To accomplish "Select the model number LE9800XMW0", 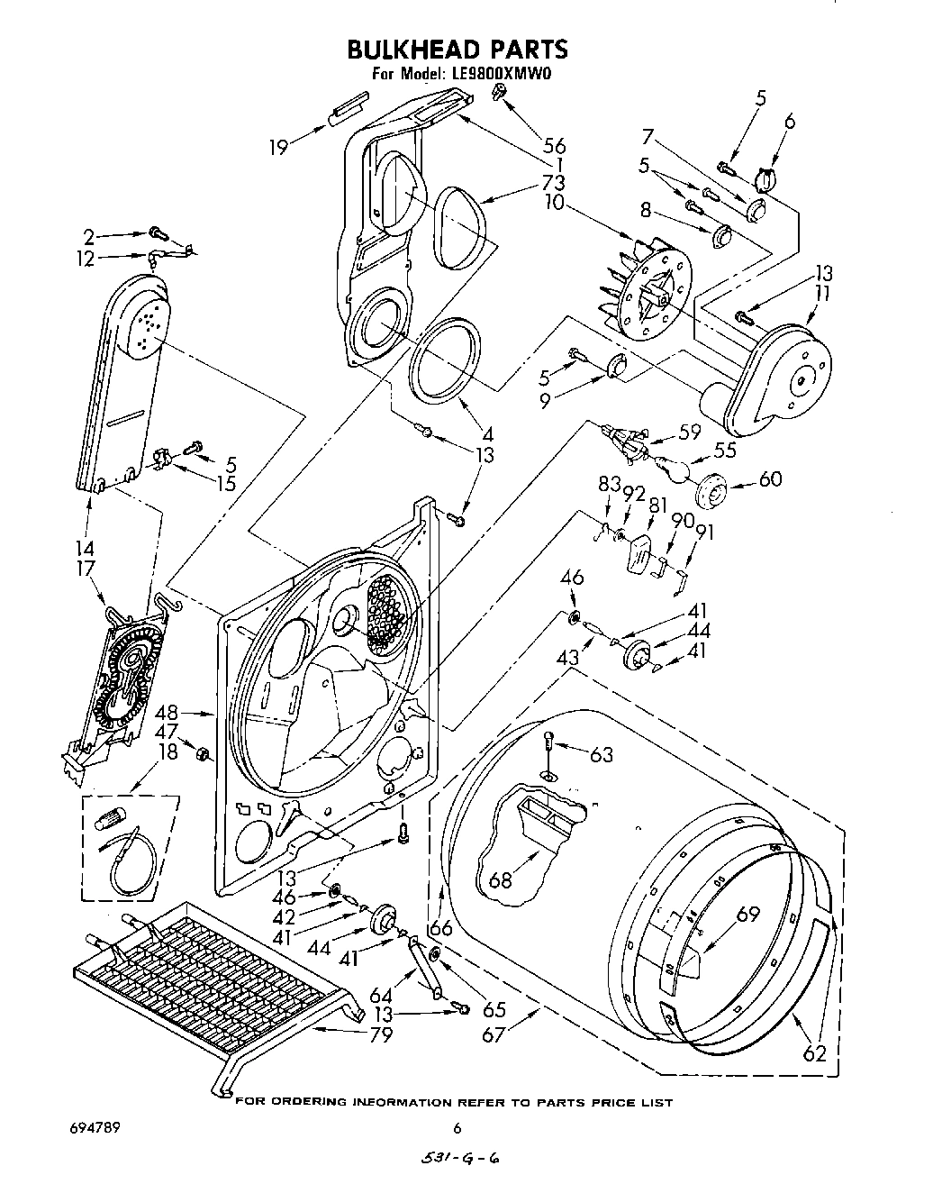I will click(x=497, y=75).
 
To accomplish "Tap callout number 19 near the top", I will click(x=280, y=147).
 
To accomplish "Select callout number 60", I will click(x=770, y=478).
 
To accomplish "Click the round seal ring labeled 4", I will click(x=442, y=361).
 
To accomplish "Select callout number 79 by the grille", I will click(x=381, y=1034).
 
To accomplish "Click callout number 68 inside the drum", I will click(x=500, y=879).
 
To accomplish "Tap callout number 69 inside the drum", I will click(x=748, y=915).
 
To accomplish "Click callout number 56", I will click(x=555, y=147).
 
